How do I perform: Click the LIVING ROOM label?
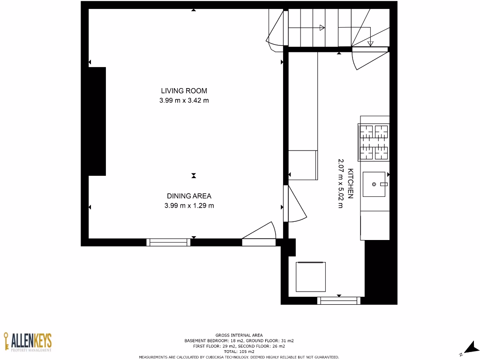(184, 91)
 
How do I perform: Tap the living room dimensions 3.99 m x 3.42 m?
(184, 100)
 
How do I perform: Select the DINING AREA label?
(189, 196)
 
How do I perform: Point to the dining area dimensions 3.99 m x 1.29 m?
(189, 206)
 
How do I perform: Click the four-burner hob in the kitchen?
(374, 142)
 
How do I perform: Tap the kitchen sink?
(374, 184)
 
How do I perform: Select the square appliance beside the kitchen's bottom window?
(311, 277)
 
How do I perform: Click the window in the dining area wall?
(168, 242)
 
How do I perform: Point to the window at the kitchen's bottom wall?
(339, 300)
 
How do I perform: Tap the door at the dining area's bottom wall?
(259, 234)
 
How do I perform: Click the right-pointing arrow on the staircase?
(322, 28)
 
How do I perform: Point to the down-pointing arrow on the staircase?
(370, 44)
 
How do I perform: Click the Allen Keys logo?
(28, 342)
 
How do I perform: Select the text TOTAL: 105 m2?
(239, 351)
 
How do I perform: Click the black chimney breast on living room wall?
(97, 121)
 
